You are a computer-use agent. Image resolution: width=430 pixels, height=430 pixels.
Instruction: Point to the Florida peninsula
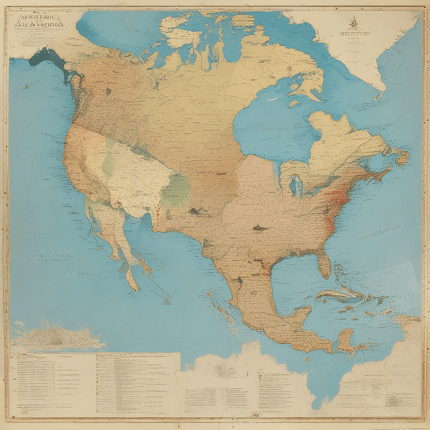(x=324, y=262)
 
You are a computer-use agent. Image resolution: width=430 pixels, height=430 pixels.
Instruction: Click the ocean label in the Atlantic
(x=383, y=235)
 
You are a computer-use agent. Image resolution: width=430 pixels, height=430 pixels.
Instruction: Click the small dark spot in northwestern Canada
(x=107, y=91)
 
